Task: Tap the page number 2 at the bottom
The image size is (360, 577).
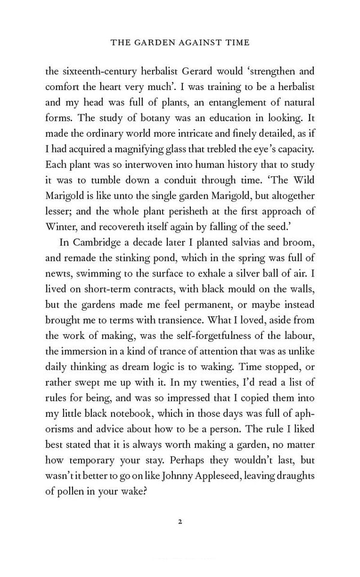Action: coord(179,521)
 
